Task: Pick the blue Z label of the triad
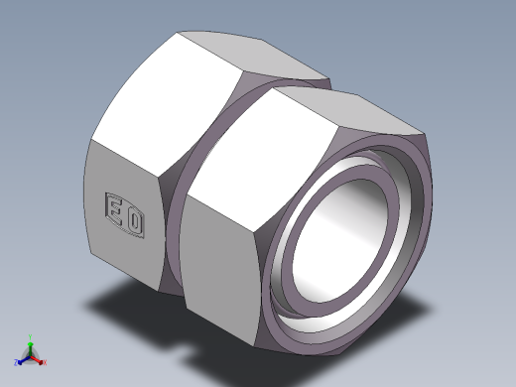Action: [16, 359]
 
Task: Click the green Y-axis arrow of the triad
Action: [31, 345]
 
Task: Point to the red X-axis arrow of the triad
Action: [37, 355]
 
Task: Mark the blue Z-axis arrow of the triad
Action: [24, 356]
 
